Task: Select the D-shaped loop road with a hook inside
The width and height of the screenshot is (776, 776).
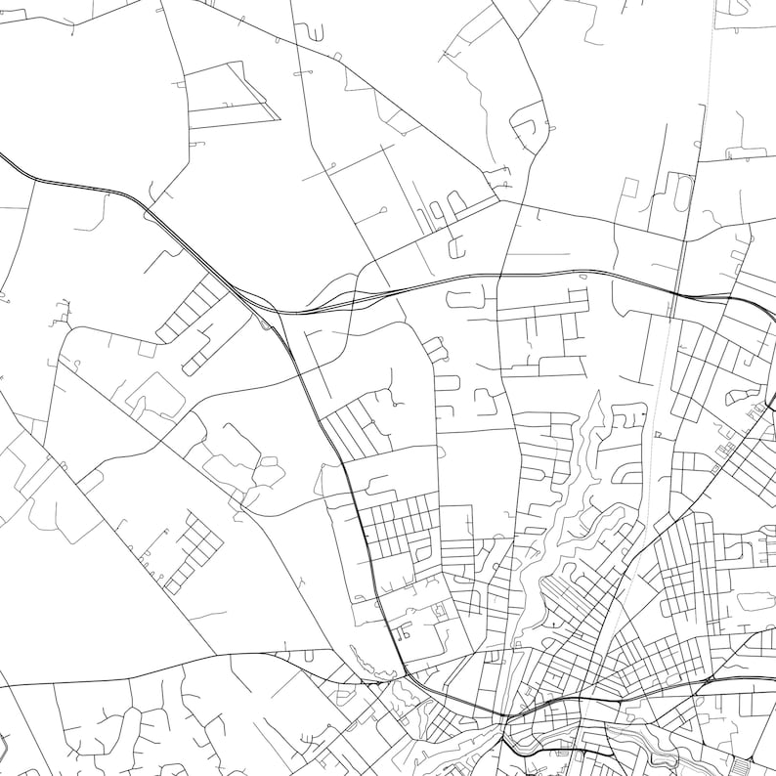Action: (532, 132)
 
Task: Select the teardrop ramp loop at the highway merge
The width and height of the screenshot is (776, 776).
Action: (265, 322)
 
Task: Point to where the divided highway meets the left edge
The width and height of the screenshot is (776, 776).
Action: (3, 156)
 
